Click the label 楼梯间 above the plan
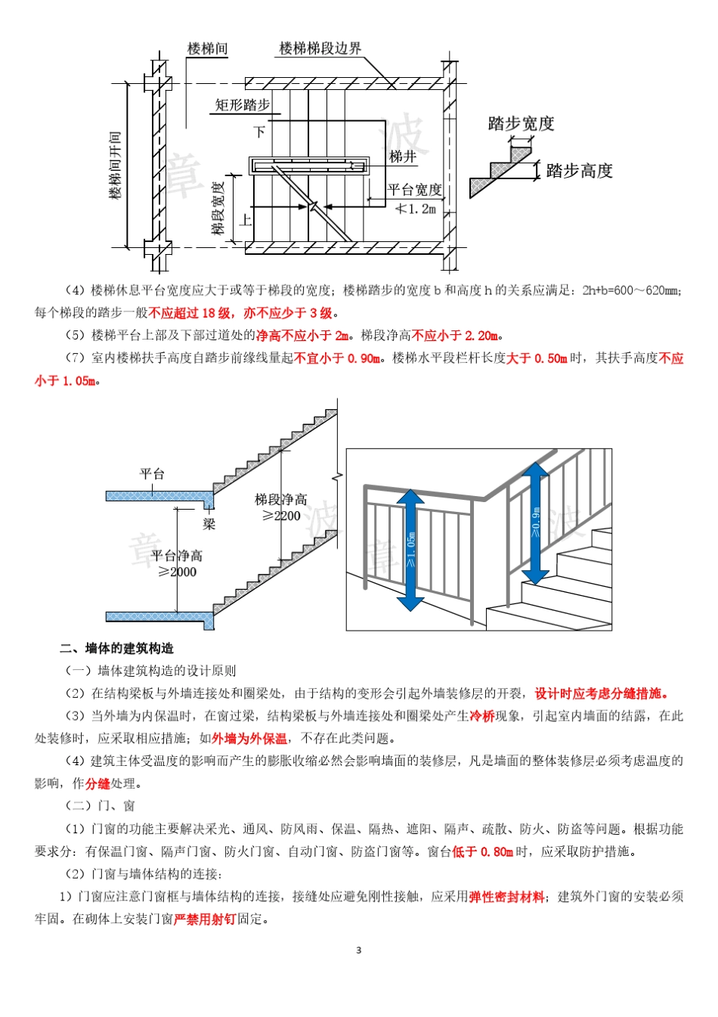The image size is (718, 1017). tap(207, 48)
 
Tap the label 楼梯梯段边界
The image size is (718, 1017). tap(320, 48)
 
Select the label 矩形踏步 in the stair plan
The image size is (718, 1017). tap(242, 104)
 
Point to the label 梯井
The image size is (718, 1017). tap(403, 157)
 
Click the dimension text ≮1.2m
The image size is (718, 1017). tap(416, 209)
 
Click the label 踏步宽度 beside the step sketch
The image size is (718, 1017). tap(521, 123)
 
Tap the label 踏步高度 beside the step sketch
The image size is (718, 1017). tap(579, 171)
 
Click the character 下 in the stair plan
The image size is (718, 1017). tap(259, 132)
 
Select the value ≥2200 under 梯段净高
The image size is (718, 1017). tap(281, 516)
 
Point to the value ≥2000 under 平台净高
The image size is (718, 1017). tap(177, 572)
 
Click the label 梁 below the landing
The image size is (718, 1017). tap(209, 523)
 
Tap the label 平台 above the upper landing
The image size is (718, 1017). tap(152, 474)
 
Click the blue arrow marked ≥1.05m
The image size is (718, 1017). tap(410, 550)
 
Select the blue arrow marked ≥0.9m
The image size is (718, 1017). tap(535, 523)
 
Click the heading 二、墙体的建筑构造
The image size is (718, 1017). tap(117, 648)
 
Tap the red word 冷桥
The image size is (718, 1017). tap(481, 715)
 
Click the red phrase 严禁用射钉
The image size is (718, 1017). tap(205, 919)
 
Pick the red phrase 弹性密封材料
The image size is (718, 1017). tap(506, 897)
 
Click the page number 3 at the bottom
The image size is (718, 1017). tap(359, 950)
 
